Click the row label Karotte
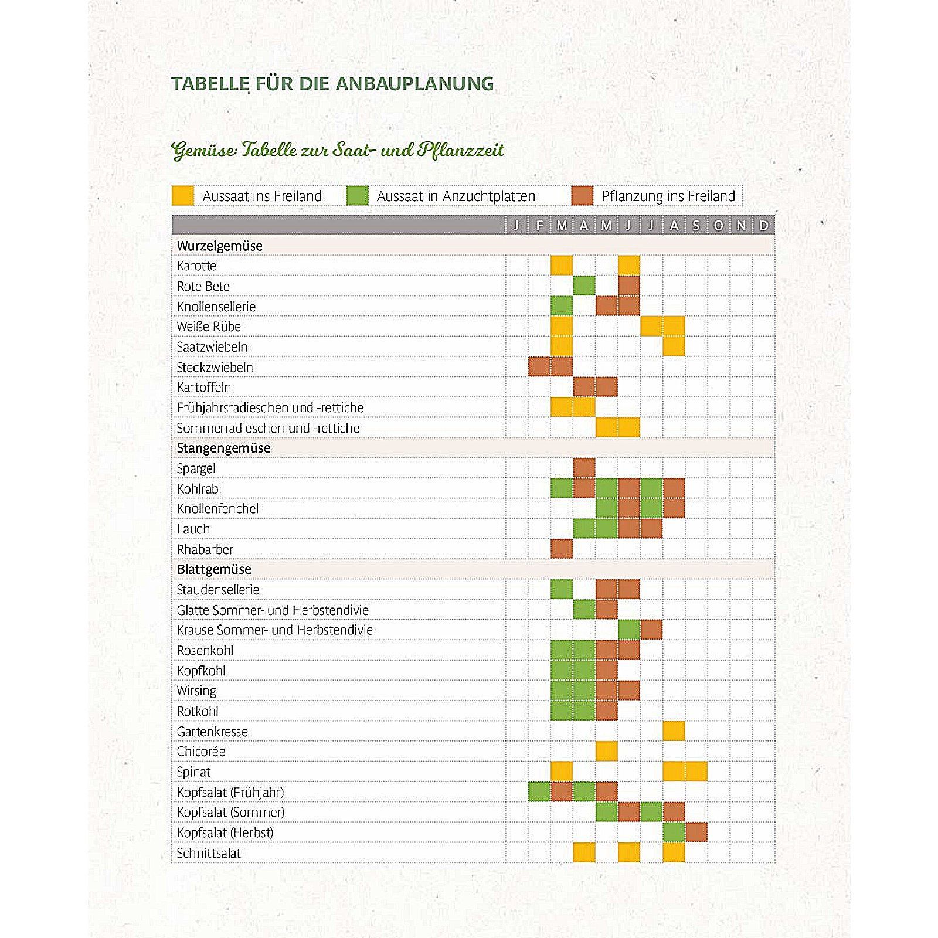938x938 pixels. (x=196, y=266)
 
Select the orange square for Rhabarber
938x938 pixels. (x=562, y=549)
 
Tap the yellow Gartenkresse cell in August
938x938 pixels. (x=674, y=731)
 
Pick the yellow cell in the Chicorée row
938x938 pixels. (x=606, y=751)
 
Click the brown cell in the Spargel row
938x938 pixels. (x=584, y=468)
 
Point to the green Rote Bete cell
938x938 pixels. (x=584, y=286)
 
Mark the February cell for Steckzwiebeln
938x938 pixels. (x=539, y=367)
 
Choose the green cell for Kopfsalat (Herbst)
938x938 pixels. (x=674, y=832)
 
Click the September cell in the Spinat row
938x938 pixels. (x=696, y=772)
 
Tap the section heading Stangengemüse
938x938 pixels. (x=223, y=448)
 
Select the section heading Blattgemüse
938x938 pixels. (x=214, y=569)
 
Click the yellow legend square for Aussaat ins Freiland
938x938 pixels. (x=182, y=196)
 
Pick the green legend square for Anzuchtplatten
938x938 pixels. (x=357, y=196)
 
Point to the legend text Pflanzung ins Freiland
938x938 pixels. (x=668, y=196)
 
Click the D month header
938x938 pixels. (x=763, y=225)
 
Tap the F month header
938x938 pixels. (x=539, y=225)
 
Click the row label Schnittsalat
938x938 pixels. (x=209, y=853)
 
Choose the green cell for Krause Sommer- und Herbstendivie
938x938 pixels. (x=629, y=630)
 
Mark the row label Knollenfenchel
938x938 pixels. (x=217, y=508)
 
